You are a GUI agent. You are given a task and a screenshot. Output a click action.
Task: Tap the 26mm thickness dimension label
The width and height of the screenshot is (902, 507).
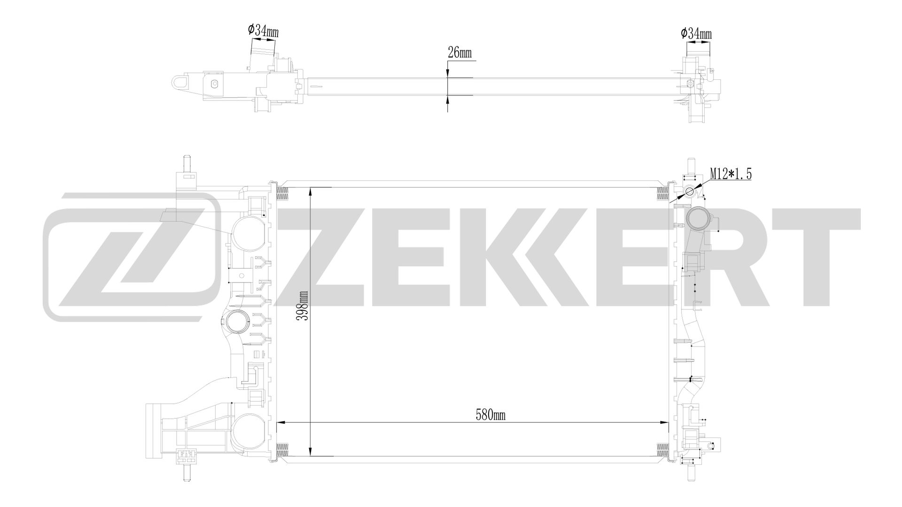point(459,53)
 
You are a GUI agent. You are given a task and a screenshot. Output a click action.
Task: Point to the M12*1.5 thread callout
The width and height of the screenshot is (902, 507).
point(731,174)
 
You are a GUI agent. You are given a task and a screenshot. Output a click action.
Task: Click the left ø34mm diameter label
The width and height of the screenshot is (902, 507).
point(264,31)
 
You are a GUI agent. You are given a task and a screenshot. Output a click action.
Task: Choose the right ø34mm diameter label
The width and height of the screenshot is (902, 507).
point(696,33)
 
